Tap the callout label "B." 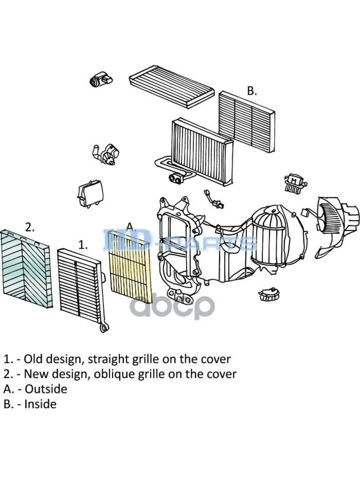[252, 91]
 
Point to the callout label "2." [30, 227]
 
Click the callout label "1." [83, 245]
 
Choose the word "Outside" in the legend [46, 389]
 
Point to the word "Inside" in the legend [40, 404]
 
